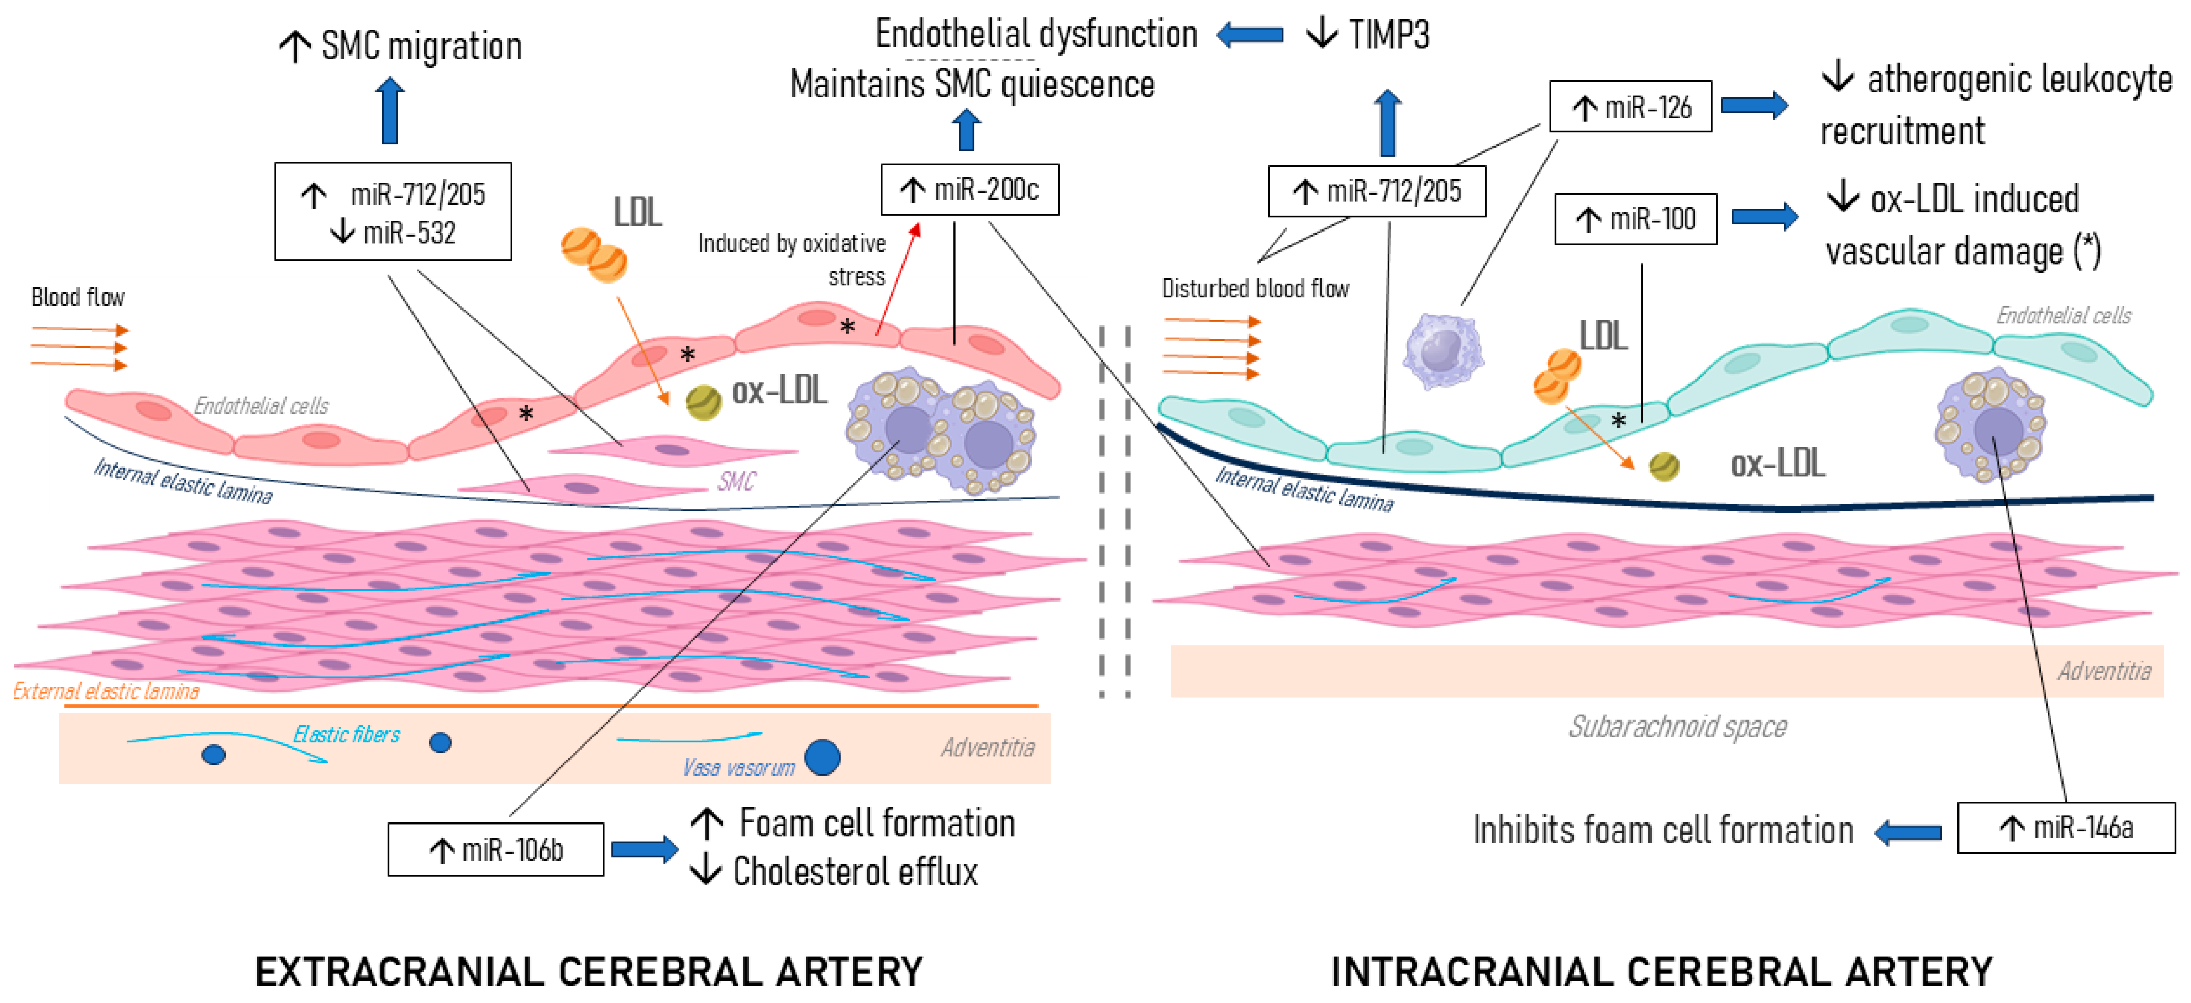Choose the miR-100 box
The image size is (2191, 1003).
[x=1635, y=219]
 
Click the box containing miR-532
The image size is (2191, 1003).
[x=393, y=211]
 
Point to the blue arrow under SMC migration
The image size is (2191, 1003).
[x=391, y=111]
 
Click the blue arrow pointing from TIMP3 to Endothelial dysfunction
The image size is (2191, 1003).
[x=1249, y=35]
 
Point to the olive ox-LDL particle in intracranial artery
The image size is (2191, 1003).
[x=1664, y=466]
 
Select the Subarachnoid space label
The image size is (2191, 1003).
[x=1677, y=727]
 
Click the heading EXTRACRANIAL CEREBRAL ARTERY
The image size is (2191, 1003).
[x=588, y=971]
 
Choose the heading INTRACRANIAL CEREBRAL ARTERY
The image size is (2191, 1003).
[x=1661, y=971]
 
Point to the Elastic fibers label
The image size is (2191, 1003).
[x=346, y=734]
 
